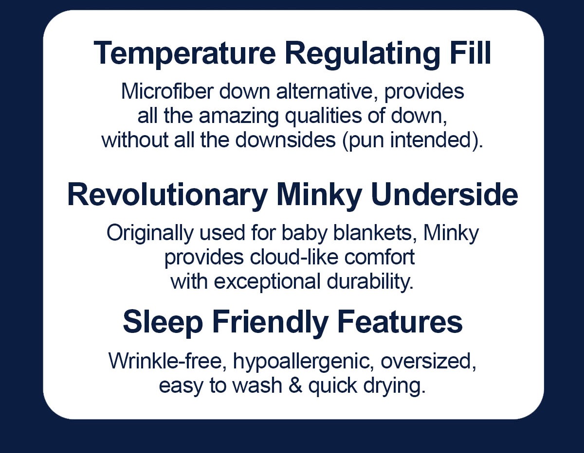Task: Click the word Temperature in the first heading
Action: coord(184,53)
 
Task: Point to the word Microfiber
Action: coord(167,91)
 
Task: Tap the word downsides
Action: coord(285,140)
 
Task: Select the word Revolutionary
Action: coord(167,196)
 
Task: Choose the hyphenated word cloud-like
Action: coord(294,257)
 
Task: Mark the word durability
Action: coord(370,282)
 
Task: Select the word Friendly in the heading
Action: coord(271,323)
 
